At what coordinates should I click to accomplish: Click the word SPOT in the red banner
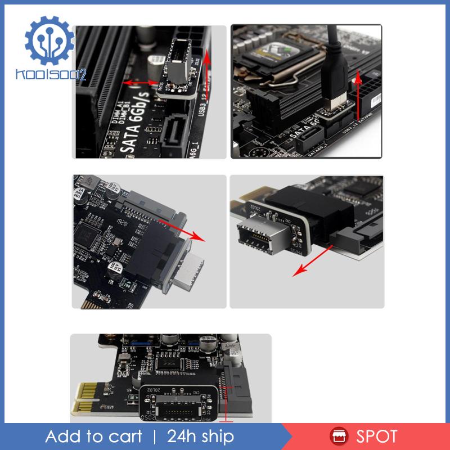coord(376,436)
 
